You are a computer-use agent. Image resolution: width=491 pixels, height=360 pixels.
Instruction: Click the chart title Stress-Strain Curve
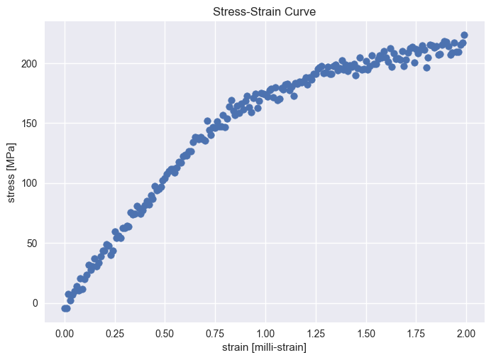265,11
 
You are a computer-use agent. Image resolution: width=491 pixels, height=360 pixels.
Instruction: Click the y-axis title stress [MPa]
12,173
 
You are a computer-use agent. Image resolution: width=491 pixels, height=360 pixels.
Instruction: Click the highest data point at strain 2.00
464,35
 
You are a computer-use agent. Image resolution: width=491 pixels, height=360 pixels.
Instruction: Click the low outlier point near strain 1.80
426,67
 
